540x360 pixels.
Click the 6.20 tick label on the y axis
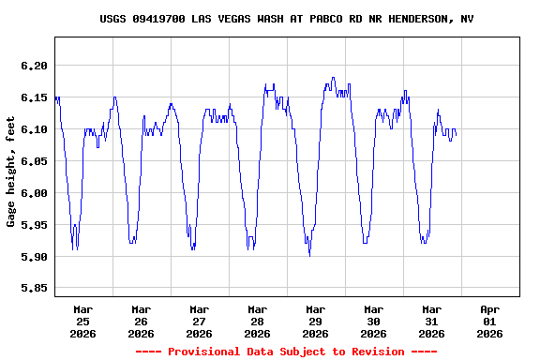(33, 66)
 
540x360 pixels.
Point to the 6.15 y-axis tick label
(33, 97)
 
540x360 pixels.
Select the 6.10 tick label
(33, 129)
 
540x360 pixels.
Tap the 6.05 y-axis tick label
(33, 161)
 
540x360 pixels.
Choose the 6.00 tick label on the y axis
(33, 193)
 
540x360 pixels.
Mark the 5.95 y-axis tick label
(33, 225)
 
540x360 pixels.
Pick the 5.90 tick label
(33, 257)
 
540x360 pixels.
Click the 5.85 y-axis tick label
(33, 289)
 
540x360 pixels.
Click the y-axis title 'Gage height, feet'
(11, 171)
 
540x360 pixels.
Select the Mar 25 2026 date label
(83, 321)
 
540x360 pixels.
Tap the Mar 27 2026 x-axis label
(200, 321)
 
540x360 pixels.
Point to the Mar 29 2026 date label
(316, 321)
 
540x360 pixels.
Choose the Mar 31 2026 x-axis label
(432, 321)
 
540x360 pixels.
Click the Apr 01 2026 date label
(490, 321)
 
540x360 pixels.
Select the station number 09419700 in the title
(159, 19)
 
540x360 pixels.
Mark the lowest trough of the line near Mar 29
(309, 256)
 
